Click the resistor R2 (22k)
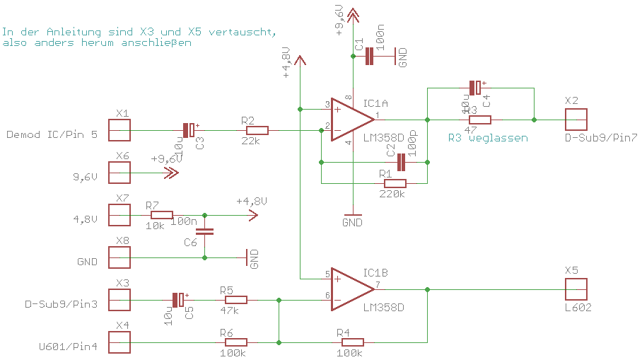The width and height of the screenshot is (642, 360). [257, 130]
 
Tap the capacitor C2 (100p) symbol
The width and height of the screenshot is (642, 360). [401, 162]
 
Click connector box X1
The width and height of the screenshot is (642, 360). [119, 130]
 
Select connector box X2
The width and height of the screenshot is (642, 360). [576, 119]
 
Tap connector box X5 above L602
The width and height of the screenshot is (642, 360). [576, 289]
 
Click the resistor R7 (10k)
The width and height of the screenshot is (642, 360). [161, 215]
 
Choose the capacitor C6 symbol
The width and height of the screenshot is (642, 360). [204, 231]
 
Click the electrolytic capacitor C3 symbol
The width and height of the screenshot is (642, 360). [189, 130]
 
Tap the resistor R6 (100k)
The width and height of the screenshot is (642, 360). [234, 342]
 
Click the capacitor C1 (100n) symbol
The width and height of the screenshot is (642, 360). [368, 57]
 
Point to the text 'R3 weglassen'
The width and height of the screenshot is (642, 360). [488, 139]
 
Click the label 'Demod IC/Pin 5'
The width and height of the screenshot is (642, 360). [52, 134]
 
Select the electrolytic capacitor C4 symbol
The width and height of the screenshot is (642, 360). [475, 88]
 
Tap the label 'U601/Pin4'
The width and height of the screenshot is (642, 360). [68, 347]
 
